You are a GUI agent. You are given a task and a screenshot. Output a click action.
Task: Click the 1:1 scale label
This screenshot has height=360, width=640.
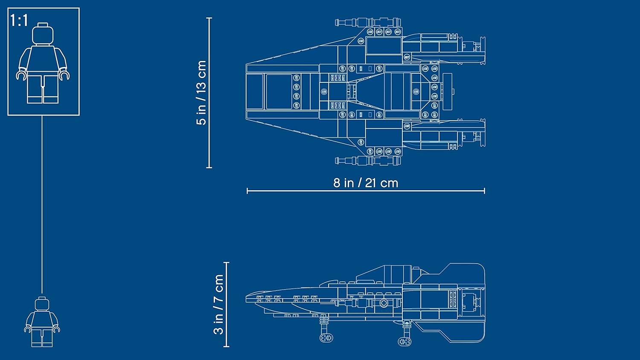(19, 20)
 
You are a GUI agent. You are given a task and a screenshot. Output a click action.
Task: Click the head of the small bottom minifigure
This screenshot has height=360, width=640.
(42, 304)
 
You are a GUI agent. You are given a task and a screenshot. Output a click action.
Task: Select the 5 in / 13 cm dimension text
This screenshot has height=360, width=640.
(201, 93)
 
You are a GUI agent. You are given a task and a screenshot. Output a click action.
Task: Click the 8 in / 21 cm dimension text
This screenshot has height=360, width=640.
(366, 183)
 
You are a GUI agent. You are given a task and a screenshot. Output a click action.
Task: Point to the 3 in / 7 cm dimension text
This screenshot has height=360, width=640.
(218, 304)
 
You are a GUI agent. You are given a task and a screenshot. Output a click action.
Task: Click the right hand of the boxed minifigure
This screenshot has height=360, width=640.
(65, 75)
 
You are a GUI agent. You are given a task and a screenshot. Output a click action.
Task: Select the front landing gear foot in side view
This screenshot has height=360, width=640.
(326, 338)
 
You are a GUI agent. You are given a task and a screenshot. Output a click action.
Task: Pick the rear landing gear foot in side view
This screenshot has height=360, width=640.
(404, 341)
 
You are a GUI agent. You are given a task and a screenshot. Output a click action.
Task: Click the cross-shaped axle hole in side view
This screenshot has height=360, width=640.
(384, 303)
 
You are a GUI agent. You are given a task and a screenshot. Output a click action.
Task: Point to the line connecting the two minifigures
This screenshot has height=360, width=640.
(42, 205)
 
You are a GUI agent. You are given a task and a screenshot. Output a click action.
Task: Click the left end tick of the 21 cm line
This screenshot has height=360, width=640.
(247, 191)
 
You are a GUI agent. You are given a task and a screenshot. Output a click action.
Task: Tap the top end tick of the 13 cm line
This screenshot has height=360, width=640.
(209, 18)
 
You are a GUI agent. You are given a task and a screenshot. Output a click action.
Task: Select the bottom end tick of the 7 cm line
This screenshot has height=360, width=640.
(227, 346)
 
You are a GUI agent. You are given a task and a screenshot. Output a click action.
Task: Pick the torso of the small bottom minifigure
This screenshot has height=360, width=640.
(42, 319)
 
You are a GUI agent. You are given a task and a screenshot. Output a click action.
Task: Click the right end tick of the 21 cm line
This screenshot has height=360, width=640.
(485, 191)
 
